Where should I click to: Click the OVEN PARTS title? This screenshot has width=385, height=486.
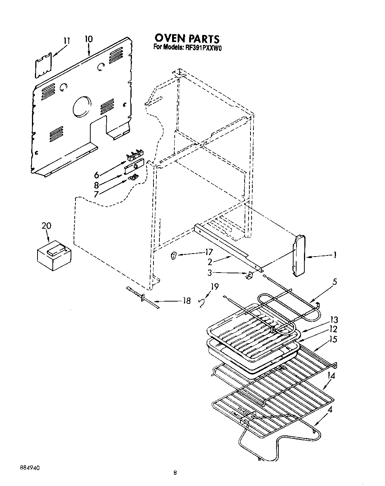click(x=187, y=38)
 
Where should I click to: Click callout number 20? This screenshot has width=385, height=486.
click(x=46, y=226)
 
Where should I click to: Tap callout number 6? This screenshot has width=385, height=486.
click(x=96, y=175)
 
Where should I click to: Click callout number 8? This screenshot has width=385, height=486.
click(x=96, y=185)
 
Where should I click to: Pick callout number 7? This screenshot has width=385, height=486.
click(x=96, y=194)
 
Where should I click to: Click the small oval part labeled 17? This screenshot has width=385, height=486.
click(x=173, y=255)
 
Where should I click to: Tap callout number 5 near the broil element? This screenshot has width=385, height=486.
click(x=335, y=282)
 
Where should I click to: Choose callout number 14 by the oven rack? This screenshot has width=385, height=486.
click(x=331, y=376)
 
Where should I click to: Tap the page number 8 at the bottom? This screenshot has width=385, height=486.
click(x=175, y=473)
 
